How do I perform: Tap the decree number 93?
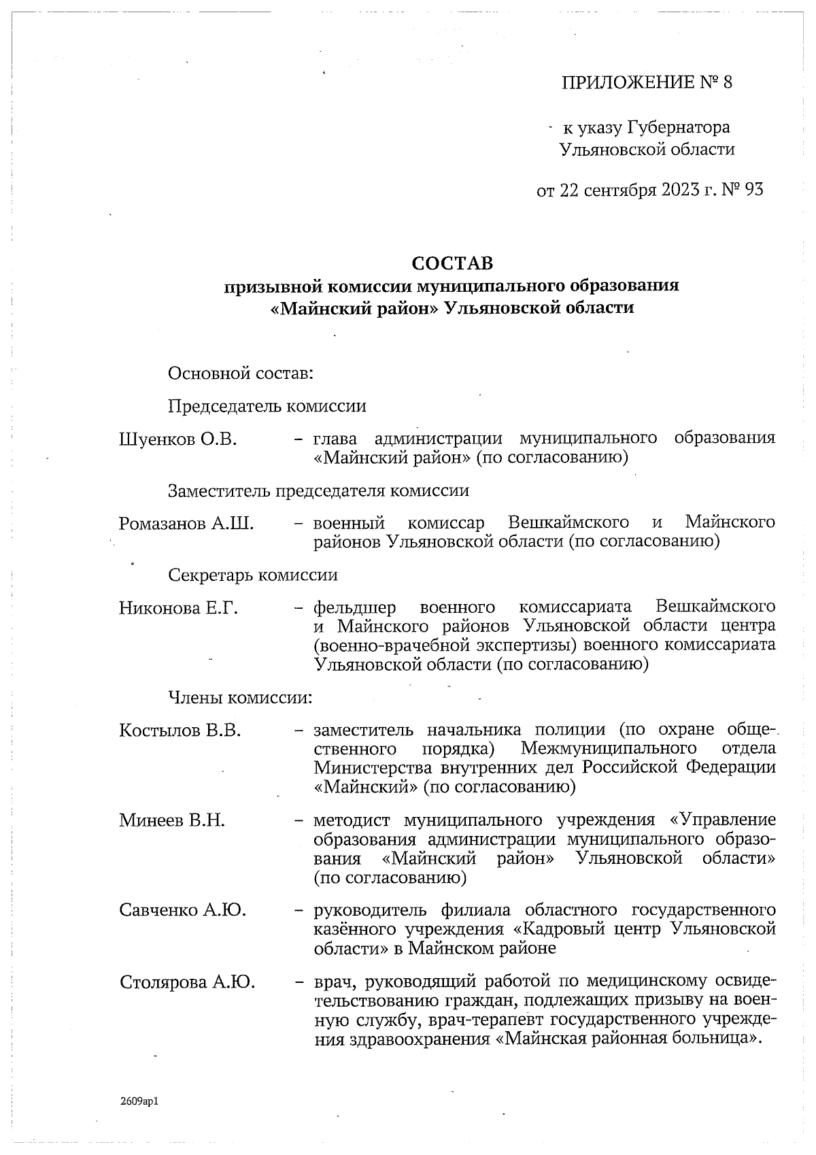click(754, 189)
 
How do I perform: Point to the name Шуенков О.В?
click(177, 439)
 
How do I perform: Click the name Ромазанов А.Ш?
click(186, 523)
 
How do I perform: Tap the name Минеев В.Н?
click(172, 820)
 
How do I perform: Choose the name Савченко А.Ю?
click(182, 910)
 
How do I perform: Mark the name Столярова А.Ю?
click(187, 982)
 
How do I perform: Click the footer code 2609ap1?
click(139, 1101)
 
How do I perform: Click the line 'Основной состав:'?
click(240, 373)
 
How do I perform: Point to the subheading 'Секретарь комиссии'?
click(253, 575)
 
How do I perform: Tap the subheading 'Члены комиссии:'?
click(240, 698)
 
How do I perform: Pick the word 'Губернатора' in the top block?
click(679, 127)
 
